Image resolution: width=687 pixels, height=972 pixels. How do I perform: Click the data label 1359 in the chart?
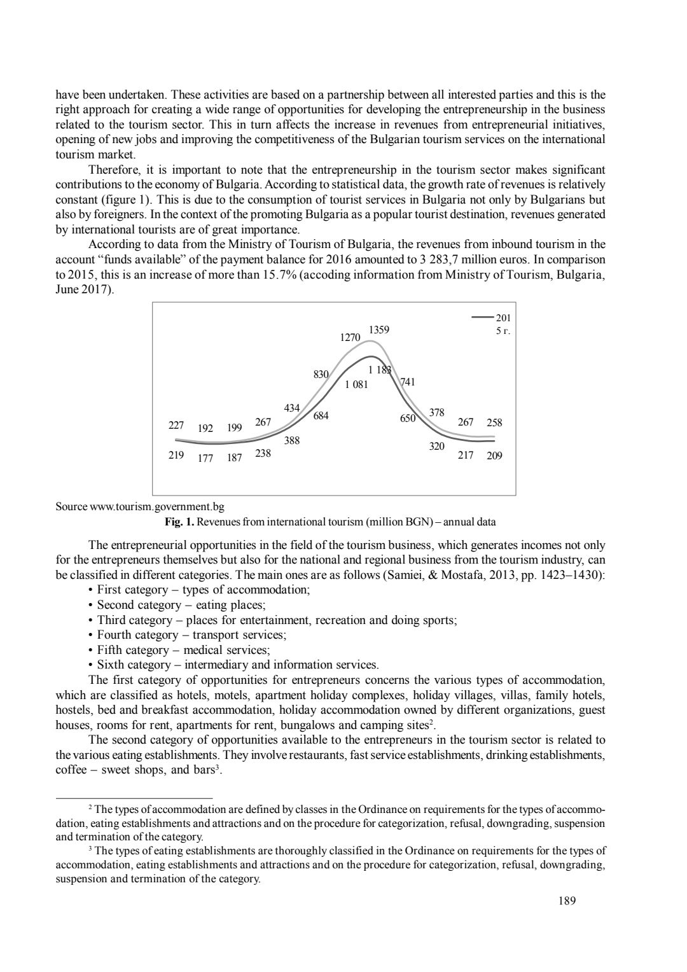pos(379,330)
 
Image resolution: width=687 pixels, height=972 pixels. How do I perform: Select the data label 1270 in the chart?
pos(350,338)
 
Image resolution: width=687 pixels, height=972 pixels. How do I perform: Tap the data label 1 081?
pos(356,384)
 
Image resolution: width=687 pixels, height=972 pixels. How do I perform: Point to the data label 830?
pos(321,375)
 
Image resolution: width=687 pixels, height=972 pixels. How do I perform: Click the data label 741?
pos(408,382)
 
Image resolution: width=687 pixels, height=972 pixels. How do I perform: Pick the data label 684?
pos(321,416)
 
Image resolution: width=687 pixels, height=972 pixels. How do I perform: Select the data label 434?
pos(291,408)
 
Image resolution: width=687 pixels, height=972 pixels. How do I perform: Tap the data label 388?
pos(292,440)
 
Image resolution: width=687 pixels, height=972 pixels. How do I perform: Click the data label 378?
pos(436,413)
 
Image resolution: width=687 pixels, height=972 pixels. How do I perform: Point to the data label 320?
pos(436,447)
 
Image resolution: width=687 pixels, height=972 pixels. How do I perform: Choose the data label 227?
pos(176,426)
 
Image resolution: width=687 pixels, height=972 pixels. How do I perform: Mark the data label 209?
pos(494,455)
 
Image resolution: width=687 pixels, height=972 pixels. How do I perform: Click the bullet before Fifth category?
pos(92,650)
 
